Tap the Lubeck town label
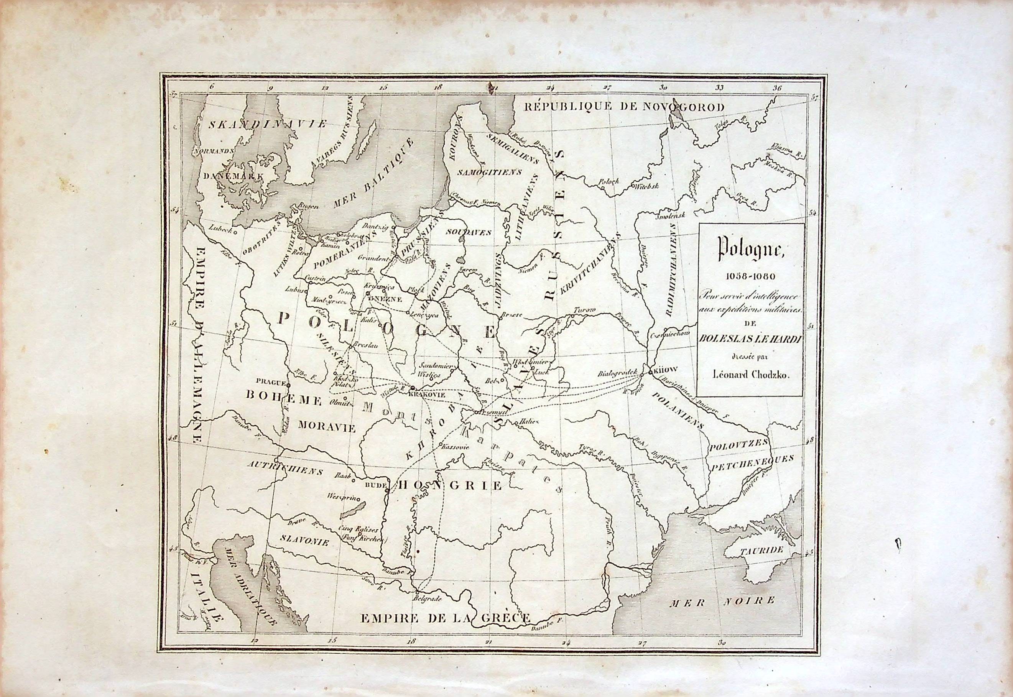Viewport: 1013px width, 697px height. (219, 227)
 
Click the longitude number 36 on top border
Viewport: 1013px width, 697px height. (777, 88)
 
